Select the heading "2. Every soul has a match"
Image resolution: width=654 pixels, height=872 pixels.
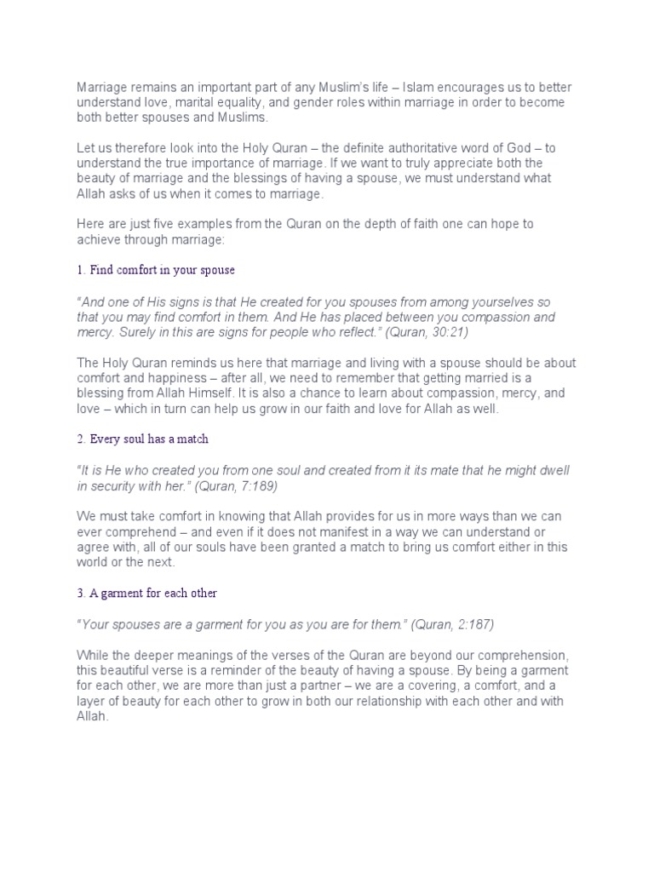coord(143,439)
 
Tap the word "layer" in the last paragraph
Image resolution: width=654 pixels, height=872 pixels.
coord(92,702)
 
